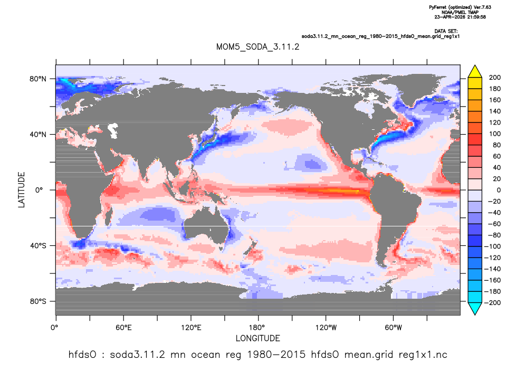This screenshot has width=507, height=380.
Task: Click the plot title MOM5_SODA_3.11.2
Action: click(257, 47)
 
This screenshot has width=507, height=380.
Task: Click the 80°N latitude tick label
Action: click(38, 79)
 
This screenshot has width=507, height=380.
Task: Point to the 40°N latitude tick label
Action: click(38, 135)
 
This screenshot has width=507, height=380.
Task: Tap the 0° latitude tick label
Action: click(39, 190)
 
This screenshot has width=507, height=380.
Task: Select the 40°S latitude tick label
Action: click(38, 246)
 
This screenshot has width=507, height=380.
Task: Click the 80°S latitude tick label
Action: click(38, 301)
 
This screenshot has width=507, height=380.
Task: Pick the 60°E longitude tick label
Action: click(123, 328)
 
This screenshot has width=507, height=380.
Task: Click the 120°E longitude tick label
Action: click(191, 328)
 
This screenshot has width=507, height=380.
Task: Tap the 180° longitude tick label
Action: click(259, 328)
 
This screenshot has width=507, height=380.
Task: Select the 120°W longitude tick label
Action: click(326, 328)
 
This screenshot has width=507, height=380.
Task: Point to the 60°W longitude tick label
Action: click(394, 328)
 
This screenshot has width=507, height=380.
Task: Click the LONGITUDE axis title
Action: click(257, 339)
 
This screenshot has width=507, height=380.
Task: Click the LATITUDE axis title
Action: click(21, 190)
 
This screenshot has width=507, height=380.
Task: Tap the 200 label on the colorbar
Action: click(495, 78)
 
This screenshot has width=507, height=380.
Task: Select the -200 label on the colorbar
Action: click(492, 303)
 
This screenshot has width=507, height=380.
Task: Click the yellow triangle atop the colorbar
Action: click(475, 72)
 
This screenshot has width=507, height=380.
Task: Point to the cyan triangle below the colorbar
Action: click(475, 309)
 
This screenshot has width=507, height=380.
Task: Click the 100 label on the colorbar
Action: click(495, 134)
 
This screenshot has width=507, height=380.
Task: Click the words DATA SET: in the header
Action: click(446, 31)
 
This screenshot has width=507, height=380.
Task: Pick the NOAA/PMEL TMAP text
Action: click(460, 12)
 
